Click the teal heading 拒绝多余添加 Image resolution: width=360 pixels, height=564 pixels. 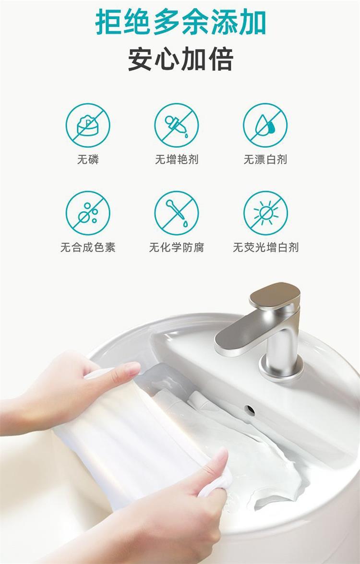point(180,22)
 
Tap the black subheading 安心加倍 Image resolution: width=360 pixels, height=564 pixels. point(180,60)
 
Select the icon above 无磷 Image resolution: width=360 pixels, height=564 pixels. point(88,125)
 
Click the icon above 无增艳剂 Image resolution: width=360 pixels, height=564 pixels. point(177,125)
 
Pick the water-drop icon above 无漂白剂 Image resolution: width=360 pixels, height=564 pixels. point(265,125)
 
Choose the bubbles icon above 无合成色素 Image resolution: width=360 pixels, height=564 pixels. point(88,213)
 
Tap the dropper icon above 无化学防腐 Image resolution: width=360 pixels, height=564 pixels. point(177,213)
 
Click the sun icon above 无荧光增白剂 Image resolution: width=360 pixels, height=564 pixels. point(265,213)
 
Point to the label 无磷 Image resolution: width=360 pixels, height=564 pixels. point(88,159)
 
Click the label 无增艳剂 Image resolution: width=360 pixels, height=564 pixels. point(177,159)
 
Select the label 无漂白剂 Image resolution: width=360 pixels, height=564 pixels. point(265,159)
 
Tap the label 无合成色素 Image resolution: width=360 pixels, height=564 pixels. point(88,247)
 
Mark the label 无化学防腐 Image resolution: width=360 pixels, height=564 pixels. point(177,247)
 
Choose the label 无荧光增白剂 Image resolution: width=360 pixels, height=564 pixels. point(266,247)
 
